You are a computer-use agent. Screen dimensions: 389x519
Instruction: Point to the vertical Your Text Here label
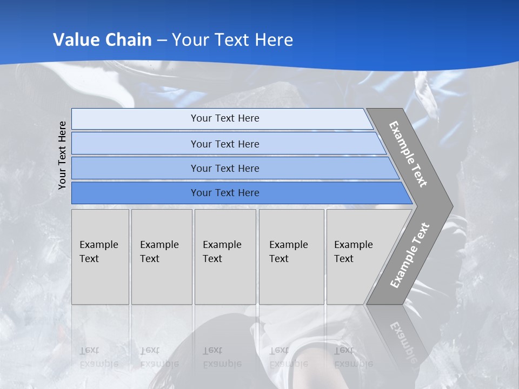tap(62, 155)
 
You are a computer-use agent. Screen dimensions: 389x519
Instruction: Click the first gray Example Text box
tap(100, 257)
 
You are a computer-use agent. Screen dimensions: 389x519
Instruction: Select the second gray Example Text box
tap(162, 257)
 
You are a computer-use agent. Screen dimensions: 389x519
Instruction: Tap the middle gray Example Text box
tap(225, 257)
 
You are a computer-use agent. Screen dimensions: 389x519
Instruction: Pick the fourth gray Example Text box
tap(291, 257)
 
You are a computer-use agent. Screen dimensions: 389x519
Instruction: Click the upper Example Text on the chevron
tap(408, 154)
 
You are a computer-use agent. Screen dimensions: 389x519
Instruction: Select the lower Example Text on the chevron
tap(410, 255)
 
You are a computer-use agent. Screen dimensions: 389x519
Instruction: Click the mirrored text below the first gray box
tap(99, 357)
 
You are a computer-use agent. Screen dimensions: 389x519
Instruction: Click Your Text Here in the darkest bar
tap(225, 193)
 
